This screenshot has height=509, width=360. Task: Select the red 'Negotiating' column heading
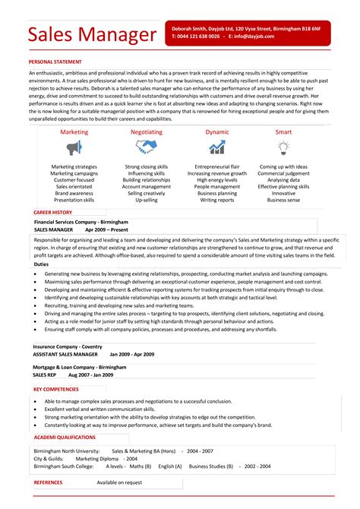point(147,131)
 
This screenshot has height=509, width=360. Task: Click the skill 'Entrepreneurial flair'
point(217,166)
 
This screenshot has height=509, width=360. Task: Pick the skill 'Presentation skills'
point(74,201)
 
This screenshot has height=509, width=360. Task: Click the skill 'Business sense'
point(283,201)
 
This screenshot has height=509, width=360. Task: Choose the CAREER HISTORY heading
point(53,212)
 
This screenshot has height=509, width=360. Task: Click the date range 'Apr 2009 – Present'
point(107,229)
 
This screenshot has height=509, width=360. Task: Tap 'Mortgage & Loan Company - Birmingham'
point(79,367)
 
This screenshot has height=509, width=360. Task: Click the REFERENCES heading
point(49,482)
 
